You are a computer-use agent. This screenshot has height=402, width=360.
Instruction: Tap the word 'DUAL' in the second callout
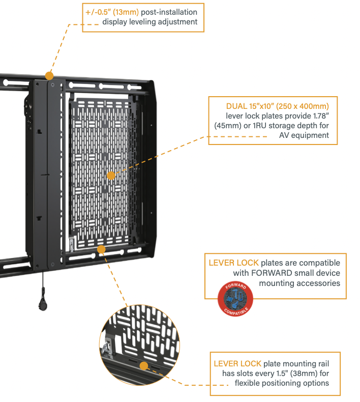[238, 106]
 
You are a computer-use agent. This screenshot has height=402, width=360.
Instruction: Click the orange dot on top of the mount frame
[49, 76]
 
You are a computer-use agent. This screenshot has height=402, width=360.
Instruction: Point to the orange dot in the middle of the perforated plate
[111, 176]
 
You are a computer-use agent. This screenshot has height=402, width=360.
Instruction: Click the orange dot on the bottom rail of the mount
[101, 249]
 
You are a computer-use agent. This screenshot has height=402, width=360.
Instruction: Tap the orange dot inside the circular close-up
[144, 366]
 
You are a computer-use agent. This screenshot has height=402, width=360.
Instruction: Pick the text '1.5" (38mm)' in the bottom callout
[281, 373]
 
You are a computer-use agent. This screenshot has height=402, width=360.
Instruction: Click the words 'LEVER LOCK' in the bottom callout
[237, 363]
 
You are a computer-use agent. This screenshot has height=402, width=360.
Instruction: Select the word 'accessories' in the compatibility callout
[319, 282]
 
